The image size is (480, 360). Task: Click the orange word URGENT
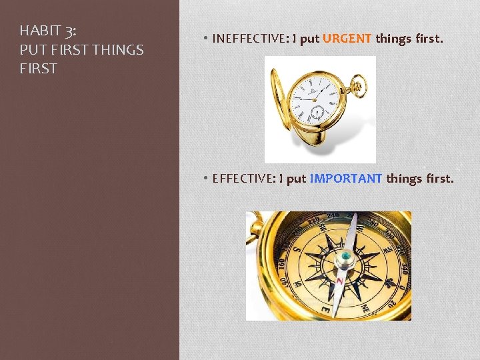(347, 39)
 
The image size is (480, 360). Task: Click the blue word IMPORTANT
(346, 179)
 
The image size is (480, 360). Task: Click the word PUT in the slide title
(31, 50)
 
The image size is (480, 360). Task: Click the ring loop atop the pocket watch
(359, 84)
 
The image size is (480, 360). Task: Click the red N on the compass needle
(339, 281)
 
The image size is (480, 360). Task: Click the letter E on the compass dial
(326, 309)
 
